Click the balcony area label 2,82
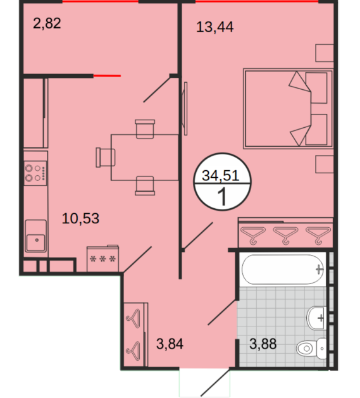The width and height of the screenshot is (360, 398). (47, 23)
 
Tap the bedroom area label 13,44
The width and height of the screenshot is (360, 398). (214, 27)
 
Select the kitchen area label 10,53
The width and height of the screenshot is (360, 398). (80, 218)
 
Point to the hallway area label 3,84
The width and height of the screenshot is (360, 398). (170, 344)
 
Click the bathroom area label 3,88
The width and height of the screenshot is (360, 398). (263, 344)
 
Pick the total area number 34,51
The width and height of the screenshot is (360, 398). (221, 175)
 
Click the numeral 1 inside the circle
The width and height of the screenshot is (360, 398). (222, 197)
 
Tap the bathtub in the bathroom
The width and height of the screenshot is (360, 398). (283, 269)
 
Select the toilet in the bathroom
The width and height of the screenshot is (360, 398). (311, 348)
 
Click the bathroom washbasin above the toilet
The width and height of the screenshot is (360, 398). (316, 318)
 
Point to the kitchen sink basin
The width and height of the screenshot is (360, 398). (35, 236)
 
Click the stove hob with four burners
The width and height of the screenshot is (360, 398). (35, 173)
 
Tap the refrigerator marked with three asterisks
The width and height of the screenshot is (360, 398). (102, 258)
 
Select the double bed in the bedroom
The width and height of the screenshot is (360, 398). (288, 108)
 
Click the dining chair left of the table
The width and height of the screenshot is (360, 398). (106, 158)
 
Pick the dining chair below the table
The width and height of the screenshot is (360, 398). (145, 185)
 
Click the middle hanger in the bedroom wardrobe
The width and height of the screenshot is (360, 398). (285, 235)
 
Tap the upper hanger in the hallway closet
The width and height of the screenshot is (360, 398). (133, 318)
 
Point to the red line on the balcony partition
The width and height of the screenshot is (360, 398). (107, 76)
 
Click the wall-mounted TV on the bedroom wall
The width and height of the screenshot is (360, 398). (185, 108)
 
